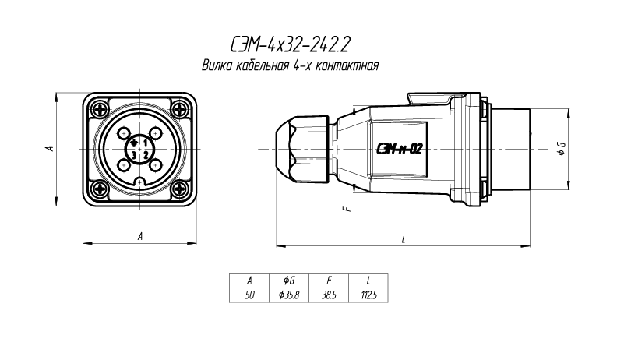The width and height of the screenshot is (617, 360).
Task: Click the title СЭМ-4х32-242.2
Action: coord(290,45)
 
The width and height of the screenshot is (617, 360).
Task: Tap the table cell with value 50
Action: coord(249,295)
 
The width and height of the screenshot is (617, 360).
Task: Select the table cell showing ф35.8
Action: coord(289,295)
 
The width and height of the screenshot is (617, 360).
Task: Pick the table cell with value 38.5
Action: coord(329,295)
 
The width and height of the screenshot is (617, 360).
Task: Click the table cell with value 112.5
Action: coord(368,295)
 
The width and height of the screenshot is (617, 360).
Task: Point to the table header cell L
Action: coord(368,281)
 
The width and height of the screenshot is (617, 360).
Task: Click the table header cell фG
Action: coord(289,281)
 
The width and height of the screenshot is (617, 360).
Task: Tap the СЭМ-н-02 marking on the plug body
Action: coord(399,149)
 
